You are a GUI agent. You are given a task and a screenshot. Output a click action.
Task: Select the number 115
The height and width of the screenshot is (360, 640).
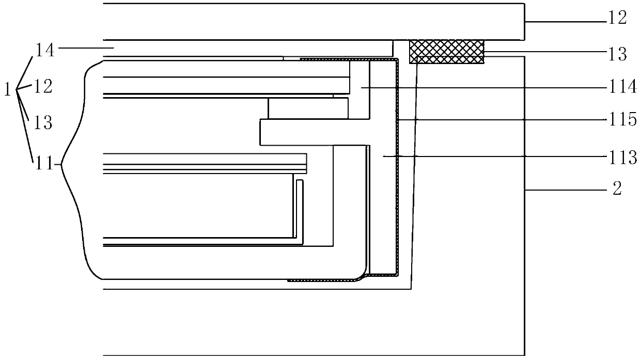[x=621, y=120]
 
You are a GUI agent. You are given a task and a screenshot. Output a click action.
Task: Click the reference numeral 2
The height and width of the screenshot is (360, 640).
[x=617, y=190]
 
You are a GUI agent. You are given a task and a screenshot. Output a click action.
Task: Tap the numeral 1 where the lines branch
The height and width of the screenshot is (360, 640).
[x=8, y=90]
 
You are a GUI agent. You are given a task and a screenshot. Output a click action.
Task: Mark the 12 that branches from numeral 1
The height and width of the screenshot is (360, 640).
[x=44, y=86]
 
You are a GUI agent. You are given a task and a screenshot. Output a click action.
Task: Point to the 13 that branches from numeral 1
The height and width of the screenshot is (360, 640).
[x=44, y=122]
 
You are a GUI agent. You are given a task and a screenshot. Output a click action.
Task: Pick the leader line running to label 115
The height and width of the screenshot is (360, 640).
[x=501, y=119]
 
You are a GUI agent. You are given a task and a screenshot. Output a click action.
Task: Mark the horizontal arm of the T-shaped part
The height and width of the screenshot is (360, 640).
[x=310, y=132]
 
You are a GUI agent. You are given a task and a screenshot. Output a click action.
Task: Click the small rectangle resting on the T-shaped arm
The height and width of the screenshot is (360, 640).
[x=308, y=108]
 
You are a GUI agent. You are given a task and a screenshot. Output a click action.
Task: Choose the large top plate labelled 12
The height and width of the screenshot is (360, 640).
[x=310, y=21]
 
